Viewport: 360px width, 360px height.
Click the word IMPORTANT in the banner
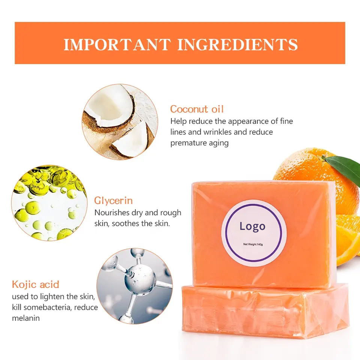[x=117, y=45]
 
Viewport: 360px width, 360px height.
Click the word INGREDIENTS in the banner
[x=237, y=45]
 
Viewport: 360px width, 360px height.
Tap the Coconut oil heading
[x=196, y=109]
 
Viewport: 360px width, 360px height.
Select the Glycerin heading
[x=113, y=201]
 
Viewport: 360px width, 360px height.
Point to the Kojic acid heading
[x=36, y=284]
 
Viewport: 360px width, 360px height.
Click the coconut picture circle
[x=120, y=121]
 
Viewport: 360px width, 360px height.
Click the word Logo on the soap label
[x=252, y=226]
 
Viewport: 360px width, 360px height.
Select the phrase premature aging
[x=199, y=143]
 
